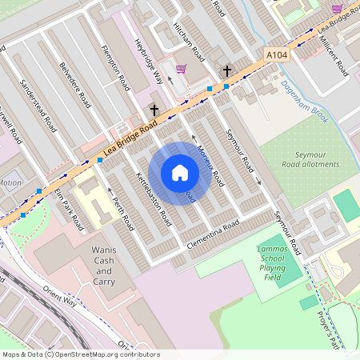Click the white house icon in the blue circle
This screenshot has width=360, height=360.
click(x=180, y=173)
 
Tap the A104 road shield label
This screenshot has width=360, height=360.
click(x=276, y=55)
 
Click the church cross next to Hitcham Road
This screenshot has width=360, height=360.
click(x=227, y=70)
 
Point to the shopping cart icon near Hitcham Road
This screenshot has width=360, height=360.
click(x=182, y=70)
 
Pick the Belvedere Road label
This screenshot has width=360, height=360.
click(x=76, y=94)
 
